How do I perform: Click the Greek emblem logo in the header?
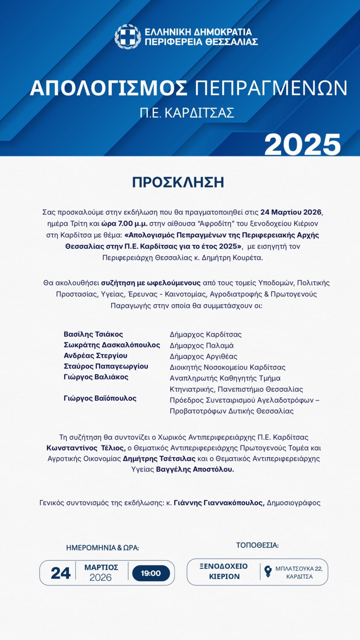pos(128,37)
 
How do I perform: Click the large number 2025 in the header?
pos(302,145)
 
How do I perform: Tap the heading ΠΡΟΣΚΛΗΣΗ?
pos(178,182)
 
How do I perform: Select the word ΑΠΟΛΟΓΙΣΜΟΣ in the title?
pos(109,88)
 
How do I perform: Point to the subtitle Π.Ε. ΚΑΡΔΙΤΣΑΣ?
pos(187,113)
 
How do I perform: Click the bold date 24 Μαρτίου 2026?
pos(291,212)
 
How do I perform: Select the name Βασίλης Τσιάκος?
pos(93,334)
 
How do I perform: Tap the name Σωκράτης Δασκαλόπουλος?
pos(112,345)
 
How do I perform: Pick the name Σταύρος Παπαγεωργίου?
pos(106,366)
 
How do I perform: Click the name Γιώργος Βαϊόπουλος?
pos(100,398)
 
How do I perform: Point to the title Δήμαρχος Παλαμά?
pos(201,346)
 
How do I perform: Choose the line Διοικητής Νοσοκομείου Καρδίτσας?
pos(227,367)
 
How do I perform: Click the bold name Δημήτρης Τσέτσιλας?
pos(159,459)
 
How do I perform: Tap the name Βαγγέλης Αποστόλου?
pos(195,469)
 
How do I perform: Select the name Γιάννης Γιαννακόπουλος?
pos(219,503)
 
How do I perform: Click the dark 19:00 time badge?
pos(151,573)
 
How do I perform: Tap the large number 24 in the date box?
pos(60,573)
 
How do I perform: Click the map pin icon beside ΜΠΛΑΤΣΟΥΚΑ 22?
pos(268,571)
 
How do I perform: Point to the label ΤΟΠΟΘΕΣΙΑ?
pos(257,545)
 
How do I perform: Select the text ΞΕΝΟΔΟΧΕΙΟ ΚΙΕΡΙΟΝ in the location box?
pos(224,571)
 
